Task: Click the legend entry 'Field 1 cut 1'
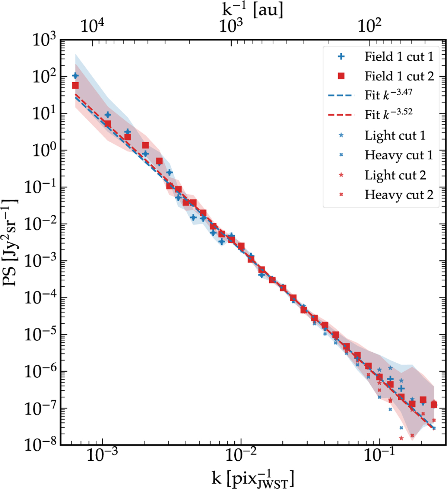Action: point(399,57)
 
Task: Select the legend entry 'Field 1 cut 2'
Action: point(399,76)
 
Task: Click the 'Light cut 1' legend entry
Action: point(395,136)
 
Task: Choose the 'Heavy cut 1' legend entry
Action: point(399,155)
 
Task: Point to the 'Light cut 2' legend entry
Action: point(395,175)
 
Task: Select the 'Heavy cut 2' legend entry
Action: point(399,195)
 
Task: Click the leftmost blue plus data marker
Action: point(75,76)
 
